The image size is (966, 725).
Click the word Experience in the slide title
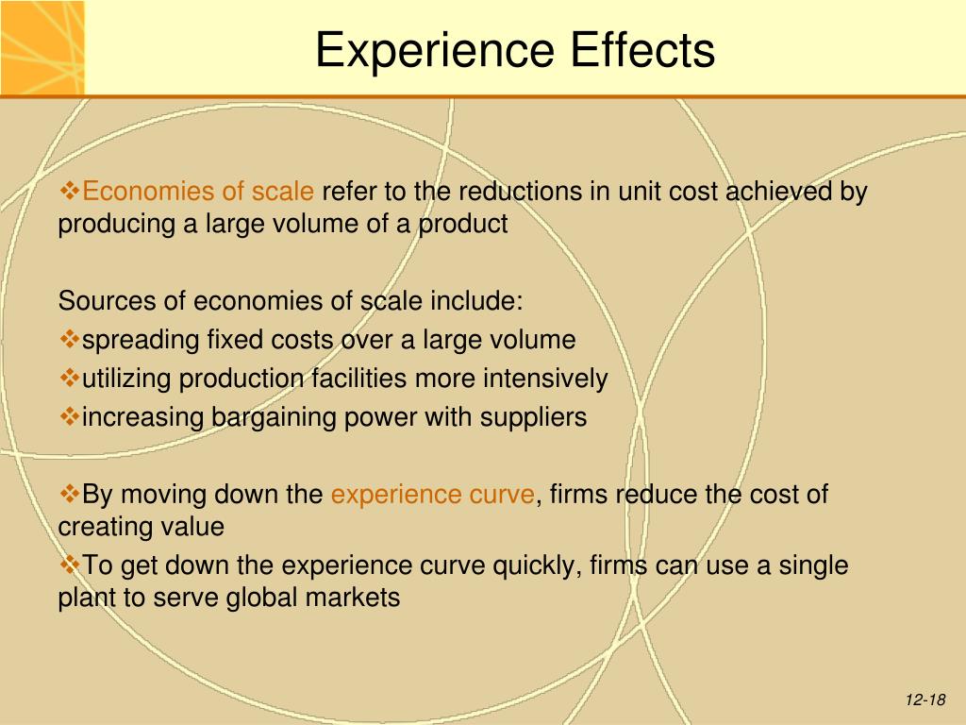[x=436, y=51]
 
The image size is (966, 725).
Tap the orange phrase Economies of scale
[x=198, y=191]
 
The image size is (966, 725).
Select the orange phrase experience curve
[x=432, y=495]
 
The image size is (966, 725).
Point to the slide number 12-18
[x=925, y=700]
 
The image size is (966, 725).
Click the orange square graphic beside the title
[x=42, y=47]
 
